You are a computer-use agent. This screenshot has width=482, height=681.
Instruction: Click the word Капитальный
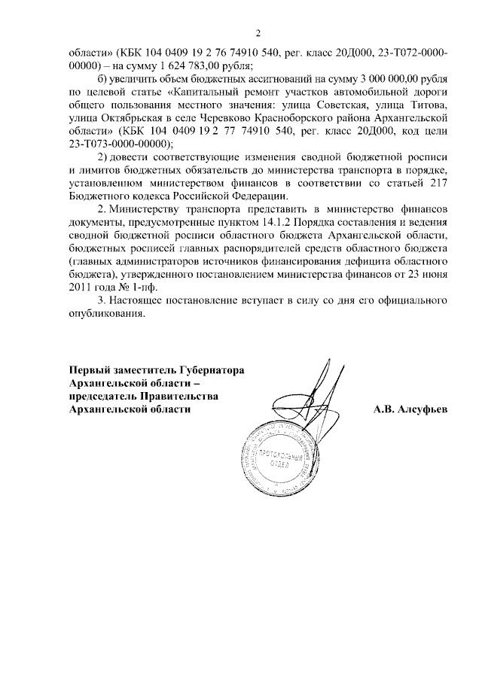coord(199,93)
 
